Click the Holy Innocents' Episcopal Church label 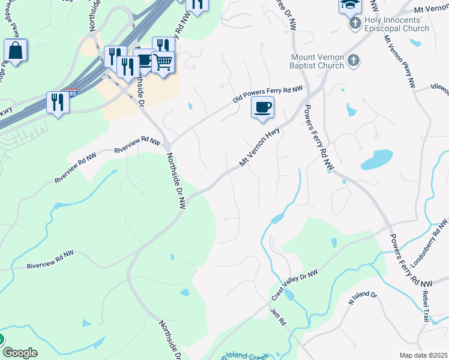point(397,25)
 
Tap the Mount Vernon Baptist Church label point(313,61)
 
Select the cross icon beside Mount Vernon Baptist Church point(354,61)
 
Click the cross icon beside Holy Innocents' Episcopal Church point(354,23)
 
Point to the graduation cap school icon point(350,5)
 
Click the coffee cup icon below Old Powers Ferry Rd point(262,107)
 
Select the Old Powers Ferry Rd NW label point(268,95)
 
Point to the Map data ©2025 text point(423,355)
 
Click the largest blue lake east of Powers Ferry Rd point(376,159)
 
